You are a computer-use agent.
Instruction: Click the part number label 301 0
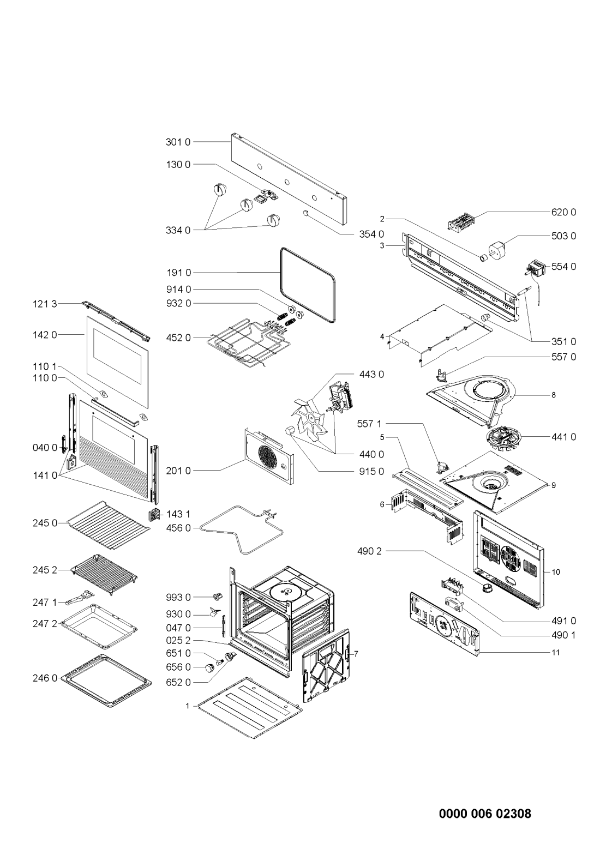178,142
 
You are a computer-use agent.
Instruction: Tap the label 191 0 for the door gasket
178,272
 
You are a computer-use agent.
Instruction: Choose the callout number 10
556,572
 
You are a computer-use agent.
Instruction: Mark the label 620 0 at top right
563,212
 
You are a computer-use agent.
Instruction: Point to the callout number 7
356,653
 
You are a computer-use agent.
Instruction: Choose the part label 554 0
563,267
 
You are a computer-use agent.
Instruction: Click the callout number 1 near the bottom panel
187,706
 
